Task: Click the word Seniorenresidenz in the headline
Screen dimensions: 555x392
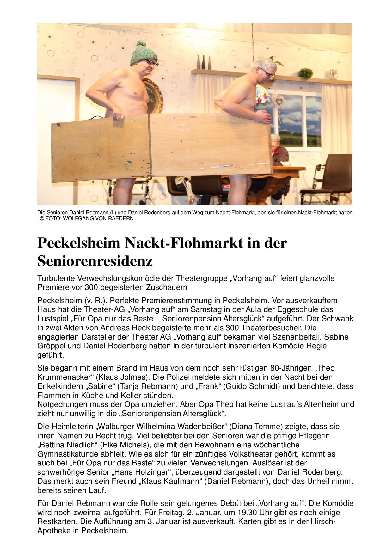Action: [x=95, y=261]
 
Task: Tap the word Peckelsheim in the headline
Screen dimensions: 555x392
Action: [x=79, y=243]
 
